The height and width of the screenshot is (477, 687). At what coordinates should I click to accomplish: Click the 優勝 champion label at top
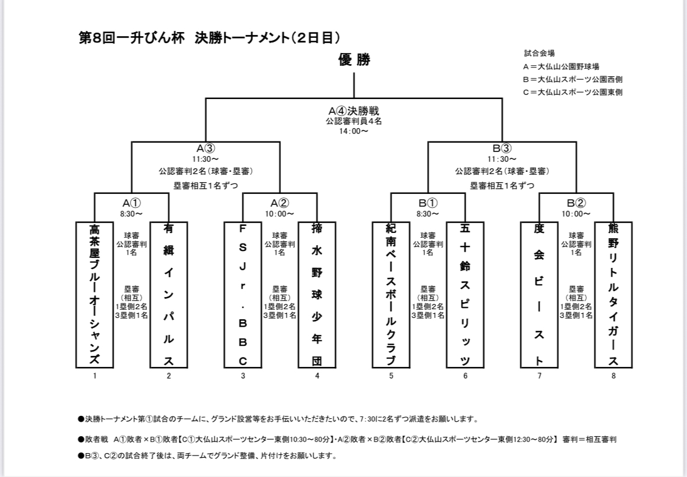354,59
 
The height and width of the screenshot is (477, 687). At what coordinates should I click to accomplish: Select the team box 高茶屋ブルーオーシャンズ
94,294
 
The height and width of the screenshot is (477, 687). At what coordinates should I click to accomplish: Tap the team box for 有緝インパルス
168,294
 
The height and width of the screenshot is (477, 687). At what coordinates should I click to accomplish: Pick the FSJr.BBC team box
243,294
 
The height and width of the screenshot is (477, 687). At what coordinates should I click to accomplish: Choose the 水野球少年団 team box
317,294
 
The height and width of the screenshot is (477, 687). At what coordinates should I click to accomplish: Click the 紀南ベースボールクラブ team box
391,294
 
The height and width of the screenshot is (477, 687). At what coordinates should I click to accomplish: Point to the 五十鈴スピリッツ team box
465,294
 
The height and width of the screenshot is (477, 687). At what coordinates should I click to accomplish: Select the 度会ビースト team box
539,294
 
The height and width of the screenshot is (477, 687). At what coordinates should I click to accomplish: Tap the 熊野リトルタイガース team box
613,294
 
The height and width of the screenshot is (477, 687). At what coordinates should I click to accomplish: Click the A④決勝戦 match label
354,111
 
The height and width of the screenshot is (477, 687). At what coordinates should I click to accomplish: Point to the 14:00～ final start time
354,132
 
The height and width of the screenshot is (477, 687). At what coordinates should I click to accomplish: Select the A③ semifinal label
206,149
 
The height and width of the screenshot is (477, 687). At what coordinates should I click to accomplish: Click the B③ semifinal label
502,149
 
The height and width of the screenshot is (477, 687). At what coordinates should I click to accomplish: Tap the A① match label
132,203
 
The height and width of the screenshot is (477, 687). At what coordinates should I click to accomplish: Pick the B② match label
576,203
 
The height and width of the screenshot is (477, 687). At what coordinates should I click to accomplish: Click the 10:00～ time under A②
280,214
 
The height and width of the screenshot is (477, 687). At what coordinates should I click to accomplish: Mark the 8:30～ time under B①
428,214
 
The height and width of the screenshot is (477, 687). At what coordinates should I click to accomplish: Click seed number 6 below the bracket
465,376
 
